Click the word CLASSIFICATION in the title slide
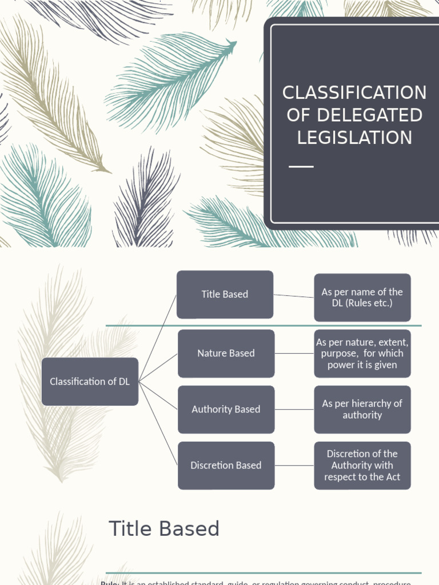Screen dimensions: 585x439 pos(354,93)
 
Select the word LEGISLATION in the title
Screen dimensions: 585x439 pos(354,138)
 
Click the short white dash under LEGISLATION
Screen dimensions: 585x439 pos(301,166)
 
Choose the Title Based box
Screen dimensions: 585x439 pos(225,294)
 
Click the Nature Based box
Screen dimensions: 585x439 pos(226,353)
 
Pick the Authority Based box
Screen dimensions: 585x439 pos(226,409)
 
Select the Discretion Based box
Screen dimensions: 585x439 pos(226,465)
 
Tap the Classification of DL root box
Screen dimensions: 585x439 pos(90,381)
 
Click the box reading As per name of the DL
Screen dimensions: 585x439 pos(362,297)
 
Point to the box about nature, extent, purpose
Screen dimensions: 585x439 pos(362,353)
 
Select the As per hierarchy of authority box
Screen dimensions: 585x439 pos(362,409)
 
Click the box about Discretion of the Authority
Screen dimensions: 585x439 pos(362,465)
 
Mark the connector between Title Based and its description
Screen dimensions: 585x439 pos(294,296)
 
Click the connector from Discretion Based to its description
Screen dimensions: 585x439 pos(294,465)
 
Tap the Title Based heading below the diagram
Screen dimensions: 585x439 pos(164,528)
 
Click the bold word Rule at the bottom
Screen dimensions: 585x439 pos(109,583)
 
